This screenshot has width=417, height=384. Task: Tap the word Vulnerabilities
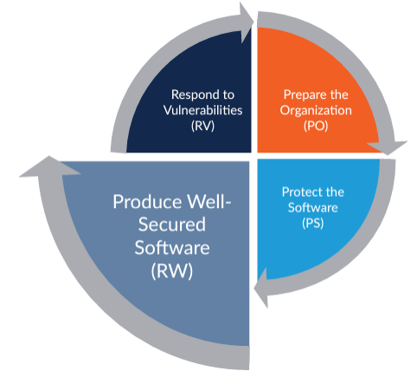202,110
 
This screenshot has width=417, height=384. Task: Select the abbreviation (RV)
202,126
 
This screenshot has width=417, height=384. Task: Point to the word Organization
316,110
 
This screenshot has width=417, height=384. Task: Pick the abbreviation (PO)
316,126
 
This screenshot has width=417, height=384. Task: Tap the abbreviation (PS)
313,223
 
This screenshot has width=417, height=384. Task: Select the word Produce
147,202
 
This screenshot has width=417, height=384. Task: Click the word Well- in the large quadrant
208,202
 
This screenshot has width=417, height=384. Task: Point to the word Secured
172,225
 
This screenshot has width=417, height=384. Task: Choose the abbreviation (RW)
172,270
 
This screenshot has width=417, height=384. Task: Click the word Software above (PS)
313,208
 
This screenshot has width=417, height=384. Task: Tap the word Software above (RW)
172,248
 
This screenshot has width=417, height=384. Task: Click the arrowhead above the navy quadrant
247,23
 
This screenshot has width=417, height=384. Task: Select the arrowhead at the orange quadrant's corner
387,147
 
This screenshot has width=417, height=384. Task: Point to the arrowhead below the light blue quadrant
261,288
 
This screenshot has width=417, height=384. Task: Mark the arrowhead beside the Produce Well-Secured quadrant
49,166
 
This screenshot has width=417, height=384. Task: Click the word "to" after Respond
228,95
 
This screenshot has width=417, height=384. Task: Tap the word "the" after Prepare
339,94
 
